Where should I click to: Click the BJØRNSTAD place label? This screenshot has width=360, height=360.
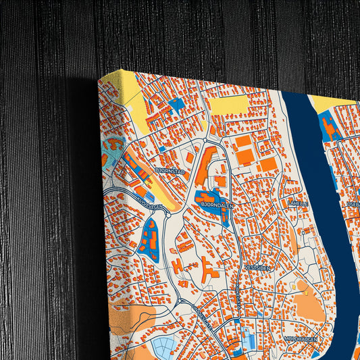(x=170, y=172)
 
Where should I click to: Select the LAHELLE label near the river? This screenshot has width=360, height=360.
(x=298, y=202)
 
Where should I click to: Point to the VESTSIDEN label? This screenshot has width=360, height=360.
(x=258, y=267)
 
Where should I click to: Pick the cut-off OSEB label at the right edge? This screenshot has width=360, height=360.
(x=353, y=203)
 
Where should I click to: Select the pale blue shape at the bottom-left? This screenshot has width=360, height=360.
(x=165, y=347)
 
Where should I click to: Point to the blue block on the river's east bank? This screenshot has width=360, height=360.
(x=330, y=128)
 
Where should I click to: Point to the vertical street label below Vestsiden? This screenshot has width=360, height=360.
(x=237, y=297)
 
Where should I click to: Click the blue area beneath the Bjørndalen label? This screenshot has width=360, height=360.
(x=215, y=209)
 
